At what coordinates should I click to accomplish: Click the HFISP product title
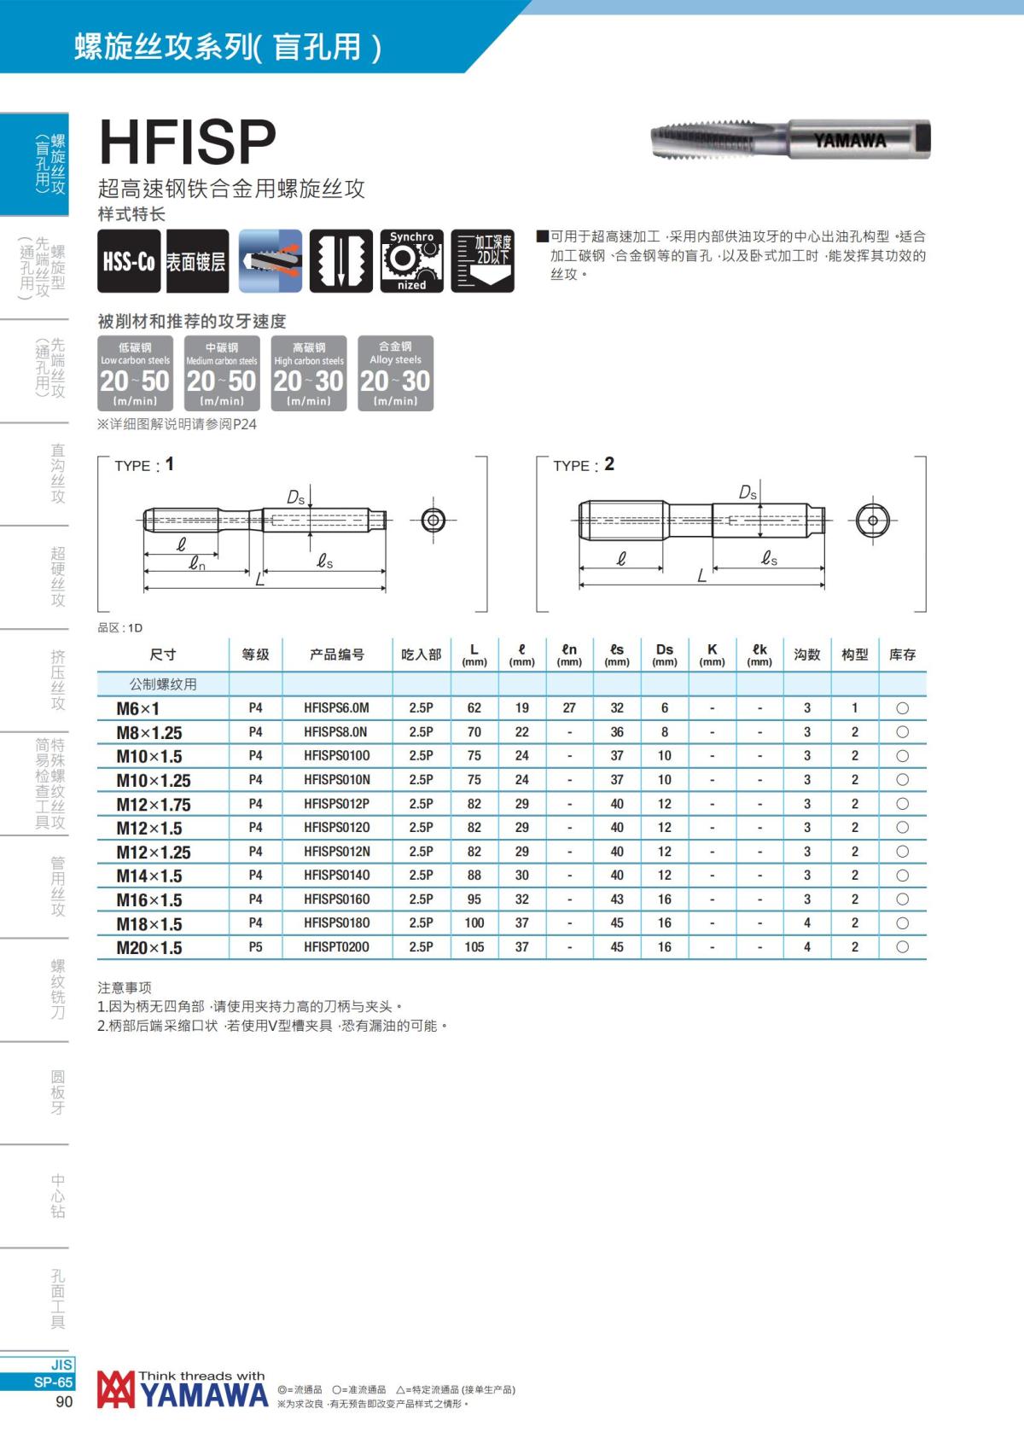(188, 142)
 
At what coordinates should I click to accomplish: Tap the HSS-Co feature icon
(129, 261)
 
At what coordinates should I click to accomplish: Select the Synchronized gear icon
(411, 261)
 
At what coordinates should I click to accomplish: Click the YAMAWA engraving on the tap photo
(849, 141)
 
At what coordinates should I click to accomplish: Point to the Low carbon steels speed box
(135, 373)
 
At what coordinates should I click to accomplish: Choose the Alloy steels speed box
(395, 373)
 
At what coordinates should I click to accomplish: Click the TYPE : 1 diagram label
(144, 465)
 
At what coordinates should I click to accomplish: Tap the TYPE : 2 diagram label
(583, 465)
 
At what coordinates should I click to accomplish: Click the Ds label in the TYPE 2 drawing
(748, 492)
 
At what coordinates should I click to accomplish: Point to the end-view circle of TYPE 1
(433, 520)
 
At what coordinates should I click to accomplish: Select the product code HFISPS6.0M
(336, 708)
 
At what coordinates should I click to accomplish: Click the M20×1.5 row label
(149, 948)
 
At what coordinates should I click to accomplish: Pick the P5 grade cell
(255, 947)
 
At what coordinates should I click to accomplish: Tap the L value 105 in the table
(474, 947)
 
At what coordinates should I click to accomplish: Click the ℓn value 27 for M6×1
(569, 708)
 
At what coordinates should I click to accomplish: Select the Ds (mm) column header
(664, 655)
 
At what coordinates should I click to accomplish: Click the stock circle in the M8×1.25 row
(902, 732)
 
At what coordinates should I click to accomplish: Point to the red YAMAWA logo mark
(115, 1389)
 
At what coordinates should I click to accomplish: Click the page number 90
(64, 1402)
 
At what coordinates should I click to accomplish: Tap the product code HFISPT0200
(336, 947)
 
